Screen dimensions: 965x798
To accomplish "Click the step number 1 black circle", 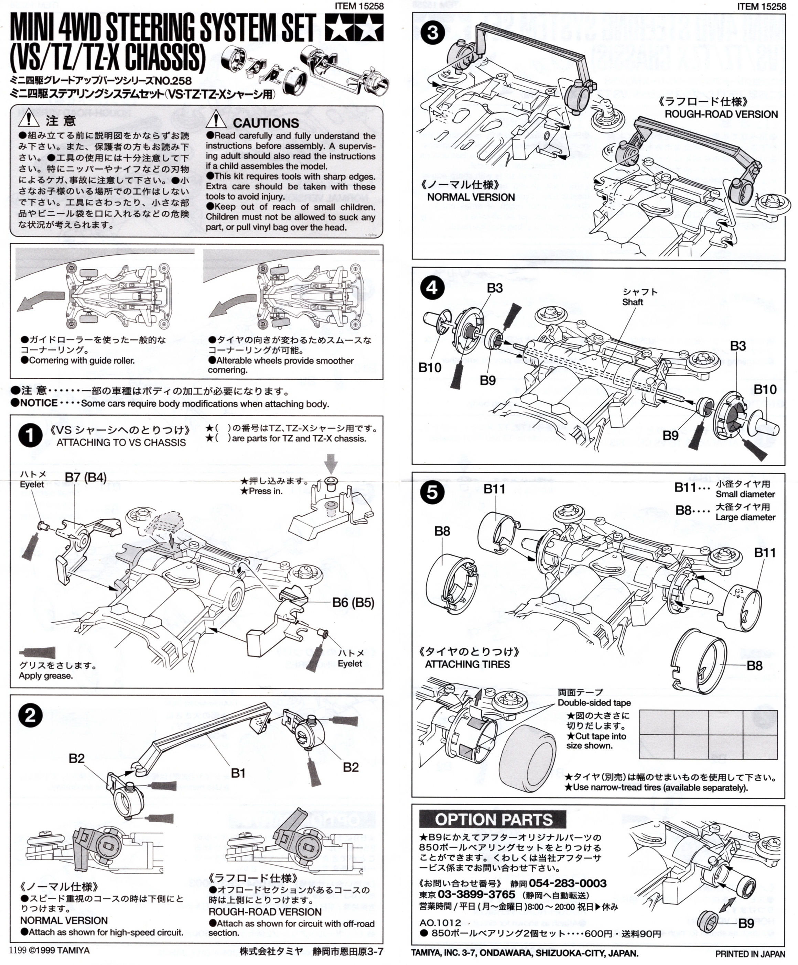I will (30, 436).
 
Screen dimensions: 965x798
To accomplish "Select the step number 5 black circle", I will (432, 493).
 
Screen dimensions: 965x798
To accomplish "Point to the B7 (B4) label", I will (86, 477).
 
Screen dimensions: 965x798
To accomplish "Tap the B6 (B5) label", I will (353, 603).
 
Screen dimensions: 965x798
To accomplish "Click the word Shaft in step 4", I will (633, 302).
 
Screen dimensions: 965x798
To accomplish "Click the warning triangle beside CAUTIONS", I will (216, 119).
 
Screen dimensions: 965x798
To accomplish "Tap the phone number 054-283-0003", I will (568, 883).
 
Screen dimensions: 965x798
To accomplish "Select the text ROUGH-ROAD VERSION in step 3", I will (721, 114).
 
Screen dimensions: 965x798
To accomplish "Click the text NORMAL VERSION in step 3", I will (471, 197).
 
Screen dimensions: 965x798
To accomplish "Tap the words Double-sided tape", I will (594, 703).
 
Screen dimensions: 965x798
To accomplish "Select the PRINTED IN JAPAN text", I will (750, 954).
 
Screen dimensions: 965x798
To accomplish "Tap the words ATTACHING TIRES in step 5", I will (467, 664).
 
